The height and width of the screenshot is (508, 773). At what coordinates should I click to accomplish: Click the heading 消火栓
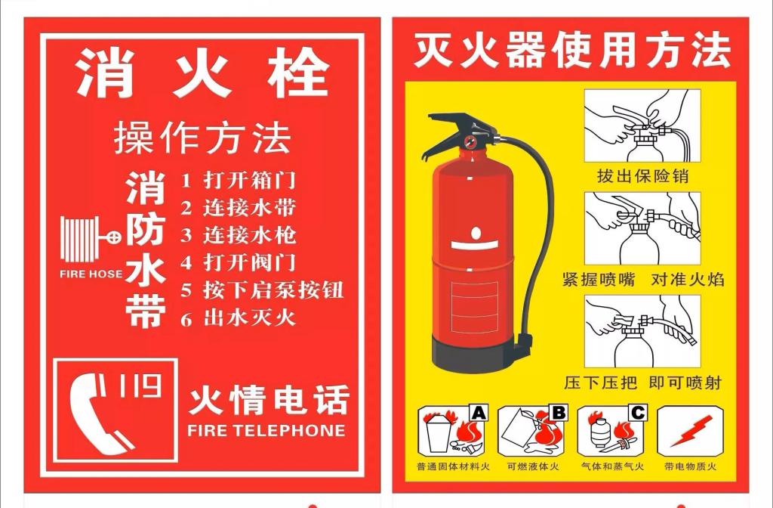coord(202,73)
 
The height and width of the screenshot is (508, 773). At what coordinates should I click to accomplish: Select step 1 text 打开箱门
coord(250,180)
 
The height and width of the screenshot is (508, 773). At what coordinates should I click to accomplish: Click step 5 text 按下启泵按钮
coord(273,290)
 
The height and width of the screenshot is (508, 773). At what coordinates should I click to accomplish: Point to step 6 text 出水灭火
coord(250,317)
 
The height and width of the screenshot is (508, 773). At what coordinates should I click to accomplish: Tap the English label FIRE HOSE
coord(91,274)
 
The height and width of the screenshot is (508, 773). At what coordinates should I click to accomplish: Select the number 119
coord(140,386)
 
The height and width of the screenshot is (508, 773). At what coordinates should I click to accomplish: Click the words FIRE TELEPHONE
coord(266,430)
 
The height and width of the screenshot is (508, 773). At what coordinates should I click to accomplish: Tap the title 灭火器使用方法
coord(571,50)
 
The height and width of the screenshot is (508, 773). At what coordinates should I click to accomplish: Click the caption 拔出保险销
coord(642,176)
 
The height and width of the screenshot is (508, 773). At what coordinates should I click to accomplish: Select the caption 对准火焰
coord(688,280)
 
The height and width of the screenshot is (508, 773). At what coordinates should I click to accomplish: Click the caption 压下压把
coord(601,383)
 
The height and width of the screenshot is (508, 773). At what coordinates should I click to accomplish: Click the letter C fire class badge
coord(638,413)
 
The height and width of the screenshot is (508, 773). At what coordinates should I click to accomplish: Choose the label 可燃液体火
coord(533,466)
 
